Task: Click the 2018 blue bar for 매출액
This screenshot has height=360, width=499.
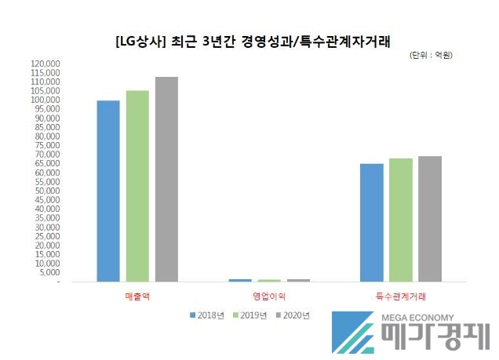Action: pos(108,191)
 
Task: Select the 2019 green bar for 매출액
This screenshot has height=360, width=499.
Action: pos(137,186)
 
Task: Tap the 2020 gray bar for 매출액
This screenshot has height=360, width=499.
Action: pos(166,179)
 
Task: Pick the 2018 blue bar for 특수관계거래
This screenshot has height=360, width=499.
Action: pos(372,222)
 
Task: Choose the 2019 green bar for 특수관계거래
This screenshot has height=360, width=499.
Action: pos(401,220)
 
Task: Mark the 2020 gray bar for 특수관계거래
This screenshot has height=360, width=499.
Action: pos(430,218)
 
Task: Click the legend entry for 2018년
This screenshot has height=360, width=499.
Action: pos(208,315)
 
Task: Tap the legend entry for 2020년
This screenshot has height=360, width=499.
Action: pos(293,315)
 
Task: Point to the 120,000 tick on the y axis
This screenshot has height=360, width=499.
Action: pos(46,64)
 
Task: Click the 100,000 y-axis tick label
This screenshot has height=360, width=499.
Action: pos(46,100)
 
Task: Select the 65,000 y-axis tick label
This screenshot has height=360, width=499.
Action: pos(48,163)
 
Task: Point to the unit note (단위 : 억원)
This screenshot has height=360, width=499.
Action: pos(432,56)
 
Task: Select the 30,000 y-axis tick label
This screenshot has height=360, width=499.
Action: pos(48,227)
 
